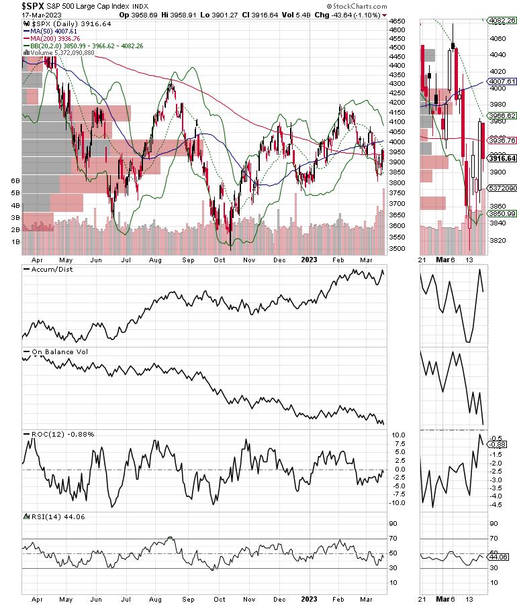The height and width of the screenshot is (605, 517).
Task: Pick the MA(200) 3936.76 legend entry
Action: click(x=54, y=38)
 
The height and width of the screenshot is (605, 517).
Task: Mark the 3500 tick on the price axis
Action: click(x=398, y=249)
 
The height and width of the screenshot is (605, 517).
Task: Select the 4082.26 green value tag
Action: click(x=501, y=21)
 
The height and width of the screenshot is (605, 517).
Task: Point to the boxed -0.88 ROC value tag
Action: click(x=498, y=444)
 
